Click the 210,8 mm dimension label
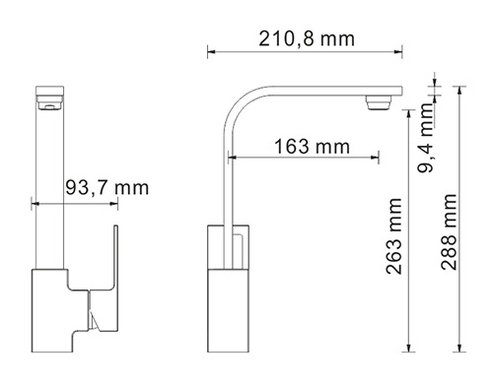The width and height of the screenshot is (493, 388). pyautogui.click(x=307, y=39)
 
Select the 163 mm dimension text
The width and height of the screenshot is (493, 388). pyautogui.click(x=312, y=147)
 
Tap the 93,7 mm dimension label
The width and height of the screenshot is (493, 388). pyautogui.click(x=107, y=188)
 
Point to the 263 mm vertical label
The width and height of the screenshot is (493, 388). pyautogui.click(x=394, y=236)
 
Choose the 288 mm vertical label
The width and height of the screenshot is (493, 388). pyautogui.click(x=449, y=232)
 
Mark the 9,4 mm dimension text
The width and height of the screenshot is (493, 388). pyautogui.click(x=427, y=138)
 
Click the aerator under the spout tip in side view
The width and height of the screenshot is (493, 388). pyautogui.click(x=379, y=102)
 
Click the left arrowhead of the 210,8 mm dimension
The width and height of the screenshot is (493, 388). pyautogui.click(x=211, y=51)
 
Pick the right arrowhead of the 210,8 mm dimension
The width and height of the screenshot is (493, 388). pyautogui.click(x=398, y=51)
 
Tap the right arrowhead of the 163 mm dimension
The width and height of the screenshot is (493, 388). pyautogui.click(x=376, y=158)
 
